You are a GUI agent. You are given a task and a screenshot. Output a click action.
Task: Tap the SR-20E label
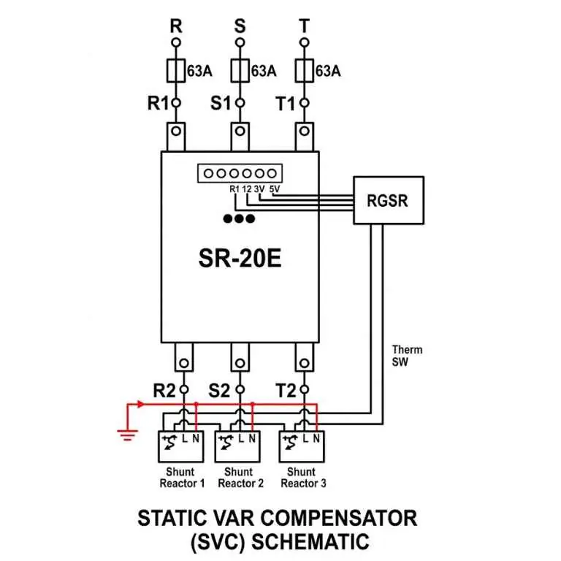[x=240, y=259]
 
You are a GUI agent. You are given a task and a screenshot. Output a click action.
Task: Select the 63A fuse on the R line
[x=175, y=71]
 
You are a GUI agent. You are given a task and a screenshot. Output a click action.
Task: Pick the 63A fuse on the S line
[x=240, y=71]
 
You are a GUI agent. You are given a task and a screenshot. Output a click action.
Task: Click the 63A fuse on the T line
[x=304, y=71]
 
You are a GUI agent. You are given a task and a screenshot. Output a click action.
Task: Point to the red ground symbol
[x=127, y=435]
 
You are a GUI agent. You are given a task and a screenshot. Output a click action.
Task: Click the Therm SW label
[x=407, y=356]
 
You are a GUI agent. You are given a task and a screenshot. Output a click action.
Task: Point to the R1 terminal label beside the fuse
[x=158, y=104]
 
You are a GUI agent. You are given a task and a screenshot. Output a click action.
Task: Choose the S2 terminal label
[x=218, y=390]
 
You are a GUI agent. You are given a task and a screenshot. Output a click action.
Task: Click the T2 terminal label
[x=286, y=390]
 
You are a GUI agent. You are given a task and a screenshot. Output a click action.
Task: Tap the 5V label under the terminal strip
[x=275, y=189]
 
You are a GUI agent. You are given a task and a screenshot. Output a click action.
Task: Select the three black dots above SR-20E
[x=239, y=218]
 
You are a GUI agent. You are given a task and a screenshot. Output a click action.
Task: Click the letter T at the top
[x=304, y=26]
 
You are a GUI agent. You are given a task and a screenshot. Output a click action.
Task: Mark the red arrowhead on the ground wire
[x=141, y=404]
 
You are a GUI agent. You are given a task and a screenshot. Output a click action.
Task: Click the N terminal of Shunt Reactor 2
[x=252, y=438]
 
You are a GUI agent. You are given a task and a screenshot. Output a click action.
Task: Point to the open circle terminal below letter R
[x=175, y=42]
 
